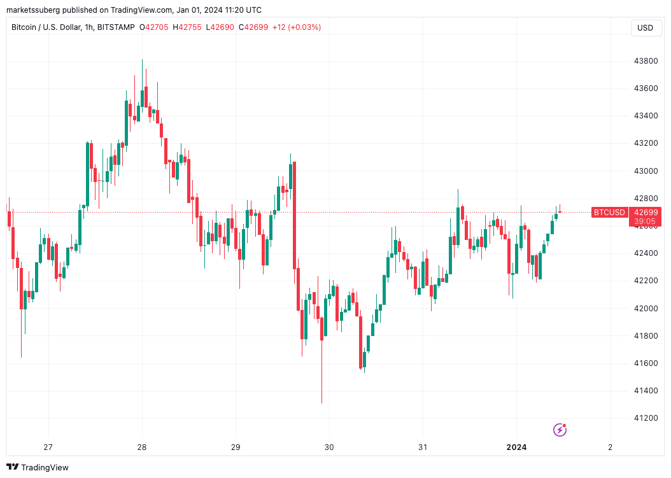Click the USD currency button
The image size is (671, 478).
point(645,27)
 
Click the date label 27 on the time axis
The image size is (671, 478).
point(48,447)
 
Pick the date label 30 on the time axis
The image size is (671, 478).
point(329,447)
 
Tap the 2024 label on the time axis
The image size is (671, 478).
point(516,447)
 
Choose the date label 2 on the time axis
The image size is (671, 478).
point(610,447)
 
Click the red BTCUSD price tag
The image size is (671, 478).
point(609,212)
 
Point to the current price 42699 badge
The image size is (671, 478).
point(645,212)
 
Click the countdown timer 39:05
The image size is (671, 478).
point(645,221)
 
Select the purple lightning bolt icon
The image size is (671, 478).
point(560,430)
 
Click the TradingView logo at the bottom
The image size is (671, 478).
point(38,467)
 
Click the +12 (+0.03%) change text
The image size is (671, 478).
point(297,27)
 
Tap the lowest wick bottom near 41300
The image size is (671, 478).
point(321,402)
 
